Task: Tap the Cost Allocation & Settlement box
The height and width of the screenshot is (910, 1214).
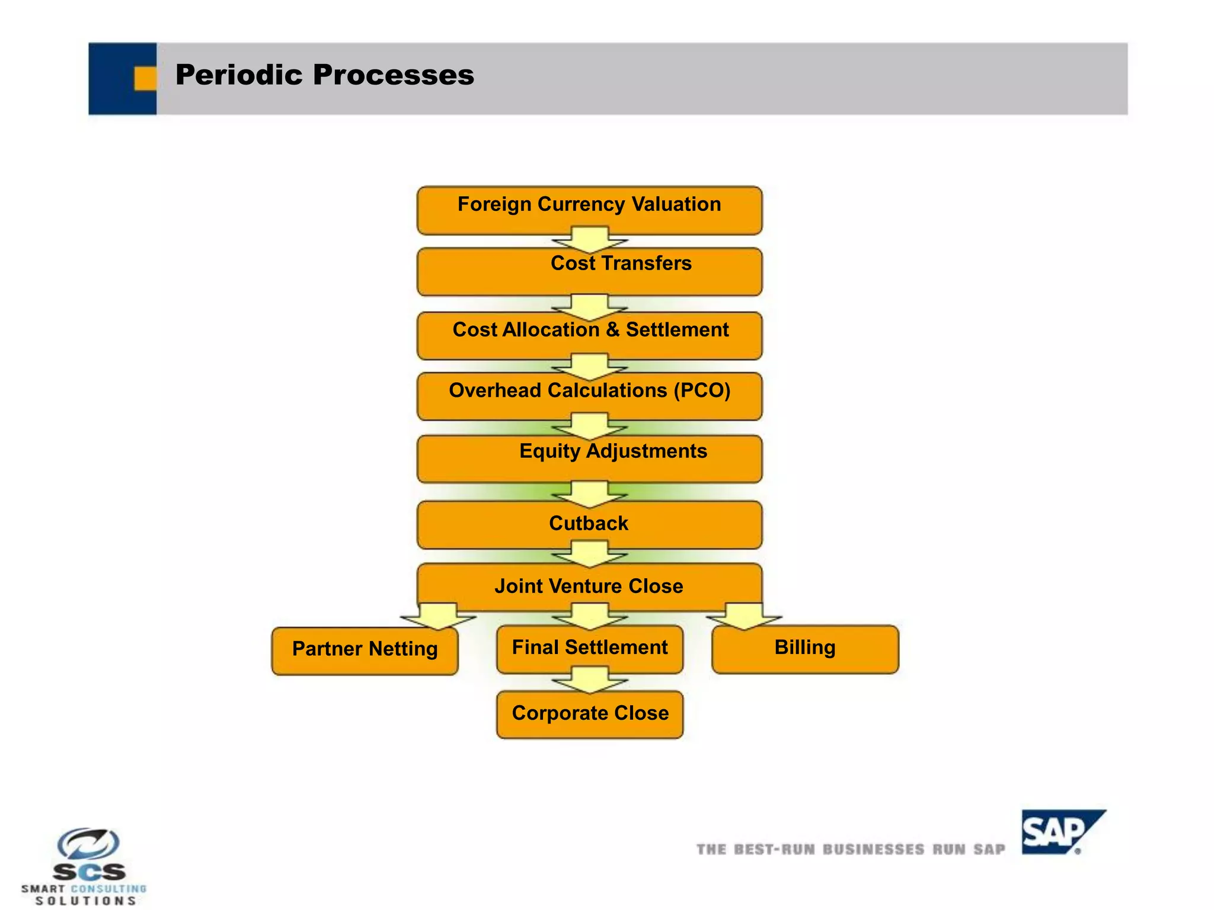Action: (x=589, y=335)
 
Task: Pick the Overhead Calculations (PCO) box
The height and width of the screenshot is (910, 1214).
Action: (x=589, y=396)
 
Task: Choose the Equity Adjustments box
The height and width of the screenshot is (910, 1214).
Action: (x=589, y=459)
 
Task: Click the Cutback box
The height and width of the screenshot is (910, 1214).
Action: (x=589, y=524)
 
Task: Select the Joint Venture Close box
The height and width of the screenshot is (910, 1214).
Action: (x=589, y=586)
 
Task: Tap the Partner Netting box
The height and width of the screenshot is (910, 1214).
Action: (x=365, y=651)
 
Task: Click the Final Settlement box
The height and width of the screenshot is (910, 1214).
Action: (x=589, y=649)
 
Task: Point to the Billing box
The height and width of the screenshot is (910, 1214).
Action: (x=805, y=649)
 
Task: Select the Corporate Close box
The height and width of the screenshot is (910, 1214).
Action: (x=589, y=714)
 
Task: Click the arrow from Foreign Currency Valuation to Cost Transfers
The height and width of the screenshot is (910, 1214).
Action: (x=589, y=239)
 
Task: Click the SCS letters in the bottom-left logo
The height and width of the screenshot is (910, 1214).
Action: (x=90, y=871)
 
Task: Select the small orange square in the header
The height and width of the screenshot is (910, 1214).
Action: (x=145, y=78)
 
